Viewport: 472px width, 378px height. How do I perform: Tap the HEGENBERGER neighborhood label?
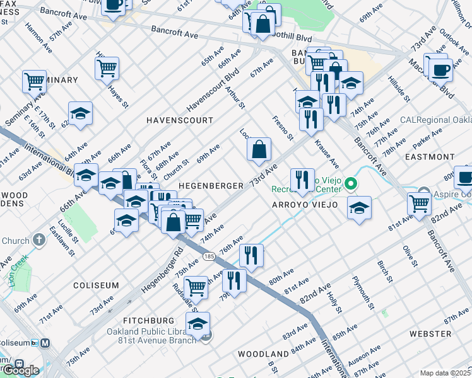[211, 186]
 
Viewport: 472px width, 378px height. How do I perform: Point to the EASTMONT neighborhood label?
[430, 156]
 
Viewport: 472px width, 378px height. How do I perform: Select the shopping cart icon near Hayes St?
[107, 67]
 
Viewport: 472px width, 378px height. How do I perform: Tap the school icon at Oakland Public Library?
[198, 324]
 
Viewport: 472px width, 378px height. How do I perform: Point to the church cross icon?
[39, 240]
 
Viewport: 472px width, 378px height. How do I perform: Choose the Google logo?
[21, 370]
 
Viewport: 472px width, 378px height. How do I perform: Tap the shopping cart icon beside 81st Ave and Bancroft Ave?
[419, 203]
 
